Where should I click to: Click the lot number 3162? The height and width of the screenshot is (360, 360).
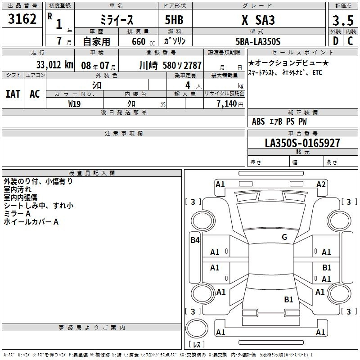tap(22, 19)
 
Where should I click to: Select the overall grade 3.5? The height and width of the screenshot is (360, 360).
tap(343, 20)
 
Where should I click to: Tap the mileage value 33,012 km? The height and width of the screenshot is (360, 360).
tap(54, 65)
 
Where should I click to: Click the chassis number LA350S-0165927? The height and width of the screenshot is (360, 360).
tap(302, 143)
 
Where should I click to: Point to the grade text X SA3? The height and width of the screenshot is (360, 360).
tap(258, 20)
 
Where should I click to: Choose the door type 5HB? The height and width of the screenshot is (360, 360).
tap(174, 20)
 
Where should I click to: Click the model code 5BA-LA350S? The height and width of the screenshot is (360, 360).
tap(258, 41)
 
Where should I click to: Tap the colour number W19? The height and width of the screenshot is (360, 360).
tap(74, 104)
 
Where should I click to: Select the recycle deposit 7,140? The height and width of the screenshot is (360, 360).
tap(227, 104)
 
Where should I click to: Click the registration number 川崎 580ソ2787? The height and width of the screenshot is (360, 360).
tap(171, 65)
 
